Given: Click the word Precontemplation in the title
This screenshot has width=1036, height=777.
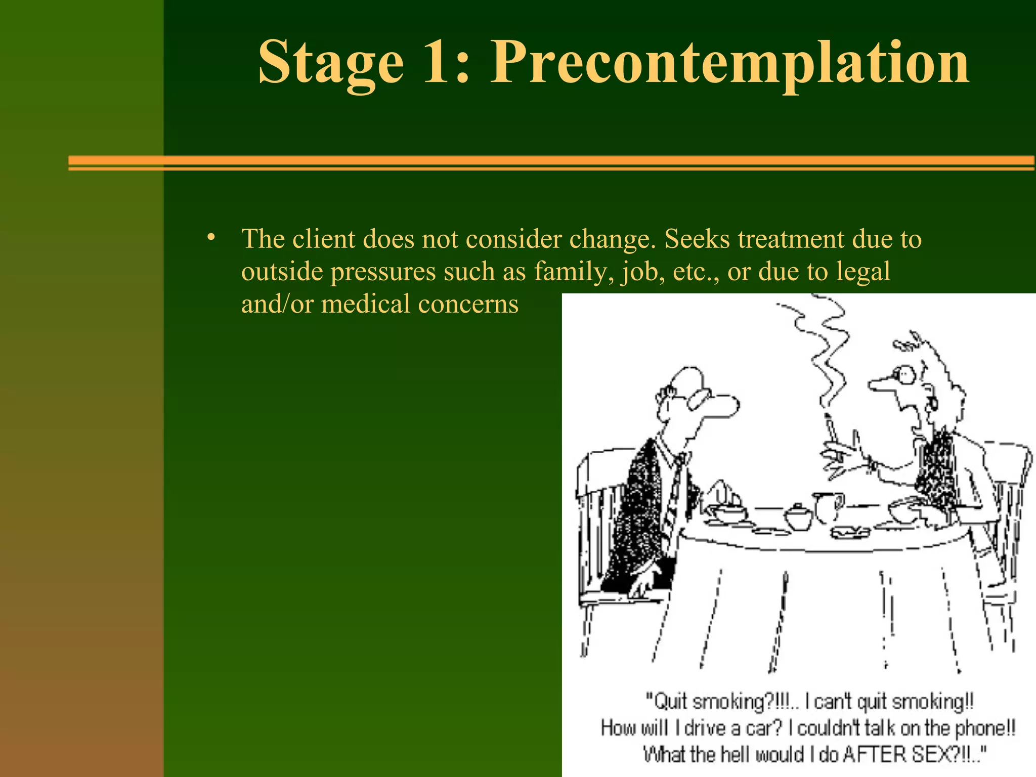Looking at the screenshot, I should coord(729,63).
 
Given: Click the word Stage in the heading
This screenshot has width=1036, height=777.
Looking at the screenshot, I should coord(331,63).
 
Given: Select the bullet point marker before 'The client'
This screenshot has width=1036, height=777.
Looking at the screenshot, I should coord(211,238).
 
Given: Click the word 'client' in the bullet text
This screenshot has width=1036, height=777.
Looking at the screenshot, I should coord(323,239).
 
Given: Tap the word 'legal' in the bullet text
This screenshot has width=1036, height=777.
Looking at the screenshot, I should coord(863,271).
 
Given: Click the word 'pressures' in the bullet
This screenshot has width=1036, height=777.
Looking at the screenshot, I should coord(383,272).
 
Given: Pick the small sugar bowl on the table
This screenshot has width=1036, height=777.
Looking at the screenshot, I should coord(798,516).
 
